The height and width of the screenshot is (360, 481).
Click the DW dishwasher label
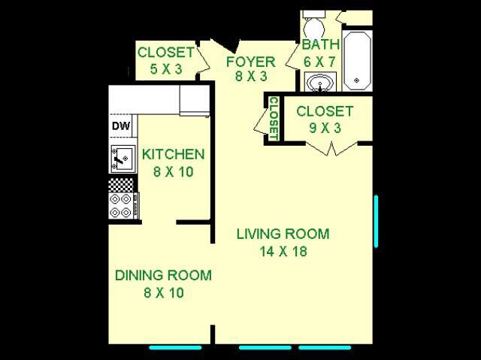pyautogui.click(x=121, y=126)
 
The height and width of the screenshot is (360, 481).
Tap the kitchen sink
pyautogui.click(x=123, y=159)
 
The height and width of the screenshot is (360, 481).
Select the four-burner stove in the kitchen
pyautogui.click(x=123, y=206)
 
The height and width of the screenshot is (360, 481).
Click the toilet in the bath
pyautogui.click(x=314, y=25)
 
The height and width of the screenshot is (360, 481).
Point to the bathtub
pyautogui.click(x=357, y=60)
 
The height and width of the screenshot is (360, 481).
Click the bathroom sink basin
pyautogui.click(x=321, y=82)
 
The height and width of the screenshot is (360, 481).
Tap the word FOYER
pyautogui.click(x=250, y=62)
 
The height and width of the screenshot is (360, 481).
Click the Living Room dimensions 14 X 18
pyautogui.click(x=283, y=252)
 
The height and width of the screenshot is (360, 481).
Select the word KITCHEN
pyautogui.click(x=173, y=154)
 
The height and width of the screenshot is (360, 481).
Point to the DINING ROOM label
pyautogui.click(x=163, y=275)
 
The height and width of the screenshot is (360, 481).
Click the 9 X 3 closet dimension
pyautogui.click(x=325, y=128)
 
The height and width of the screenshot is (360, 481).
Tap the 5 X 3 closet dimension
pyautogui.click(x=166, y=69)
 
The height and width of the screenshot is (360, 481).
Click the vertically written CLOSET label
pyautogui.click(x=274, y=119)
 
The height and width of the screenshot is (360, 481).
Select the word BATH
pyautogui.click(x=321, y=45)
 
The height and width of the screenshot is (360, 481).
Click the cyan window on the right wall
pyautogui.click(x=376, y=221)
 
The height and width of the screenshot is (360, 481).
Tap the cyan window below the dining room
pyautogui.click(x=175, y=347)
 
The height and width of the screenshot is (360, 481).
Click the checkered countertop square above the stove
pyautogui.click(x=121, y=185)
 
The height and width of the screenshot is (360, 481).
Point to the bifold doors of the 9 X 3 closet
pyautogui.click(x=331, y=148)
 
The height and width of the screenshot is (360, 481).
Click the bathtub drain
pyautogui.click(x=356, y=80)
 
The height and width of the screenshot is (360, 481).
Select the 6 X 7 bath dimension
pyautogui.click(x=319, y=62)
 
